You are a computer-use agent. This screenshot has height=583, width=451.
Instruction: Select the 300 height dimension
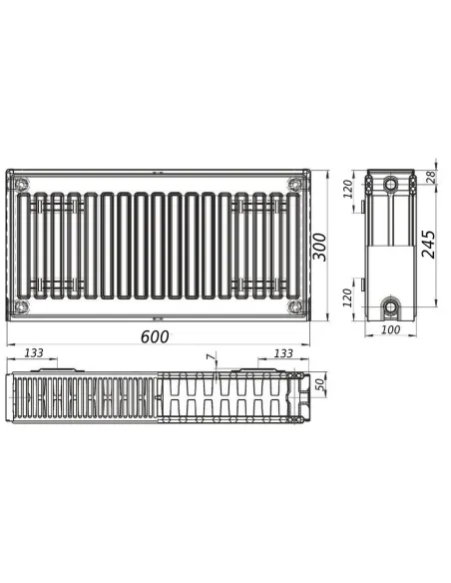click(319, 244)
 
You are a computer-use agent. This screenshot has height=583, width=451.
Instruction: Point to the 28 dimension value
click(431, 177)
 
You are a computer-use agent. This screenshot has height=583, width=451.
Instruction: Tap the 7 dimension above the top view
click(210, 356)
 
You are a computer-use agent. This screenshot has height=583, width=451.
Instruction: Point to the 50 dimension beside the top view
click(320, 385)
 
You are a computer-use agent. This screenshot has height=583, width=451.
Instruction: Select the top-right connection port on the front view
click(292, 184)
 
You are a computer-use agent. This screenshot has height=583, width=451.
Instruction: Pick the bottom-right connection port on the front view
click(292, 303)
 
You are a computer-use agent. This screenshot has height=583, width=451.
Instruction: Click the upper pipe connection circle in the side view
click(390, 185)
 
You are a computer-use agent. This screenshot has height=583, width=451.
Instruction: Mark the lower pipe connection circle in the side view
click(390, 303)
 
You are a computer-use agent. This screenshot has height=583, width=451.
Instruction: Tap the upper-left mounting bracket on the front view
click(56, 205)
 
